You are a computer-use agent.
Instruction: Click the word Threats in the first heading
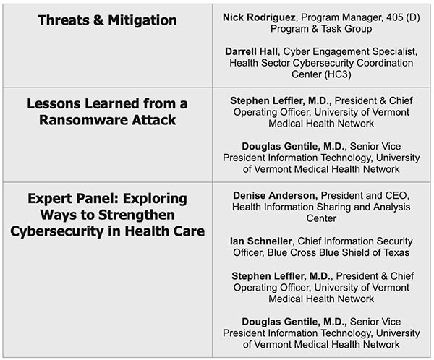click(64, 20)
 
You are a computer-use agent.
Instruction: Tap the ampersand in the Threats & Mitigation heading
click(98, 20)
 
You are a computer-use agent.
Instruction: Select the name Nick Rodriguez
click(259, 17)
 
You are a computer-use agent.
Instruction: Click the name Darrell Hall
click(251, 51)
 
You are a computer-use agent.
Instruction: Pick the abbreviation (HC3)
click(335, 74)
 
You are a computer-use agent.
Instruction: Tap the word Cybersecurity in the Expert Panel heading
click(57, 231)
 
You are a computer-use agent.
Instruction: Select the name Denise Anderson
click(274, 196)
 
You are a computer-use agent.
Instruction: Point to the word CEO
click(396, 196)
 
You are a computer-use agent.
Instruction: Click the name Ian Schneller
click(260, 241)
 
